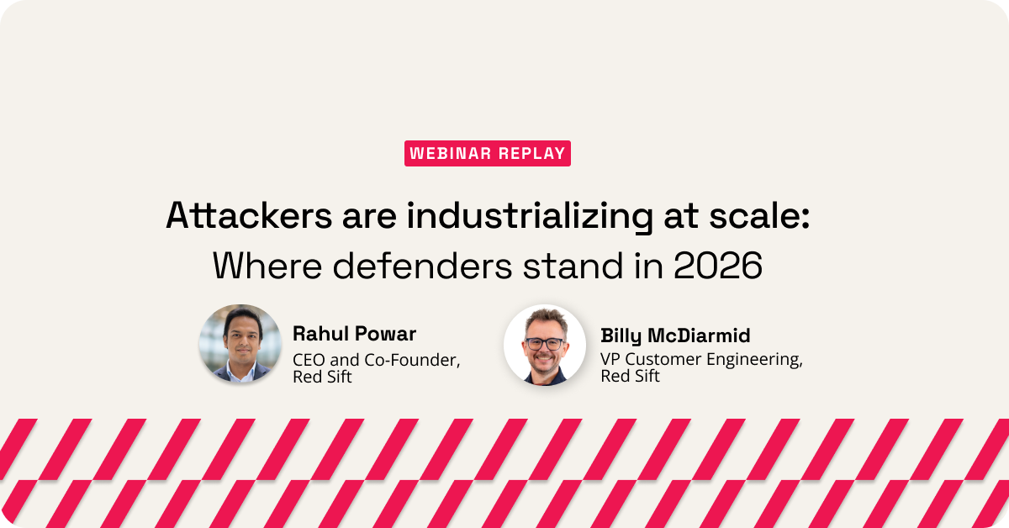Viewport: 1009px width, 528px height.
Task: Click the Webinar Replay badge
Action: tap(487, 153)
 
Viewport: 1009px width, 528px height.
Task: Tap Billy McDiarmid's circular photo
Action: tap(545, 345)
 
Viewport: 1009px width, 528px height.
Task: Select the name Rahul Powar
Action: tap(354, 334)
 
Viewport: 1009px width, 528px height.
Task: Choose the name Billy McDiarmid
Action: tap(675, 336)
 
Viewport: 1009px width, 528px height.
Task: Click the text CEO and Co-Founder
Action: tap(376, 360)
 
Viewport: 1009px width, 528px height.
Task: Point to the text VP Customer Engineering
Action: tap(700, 360)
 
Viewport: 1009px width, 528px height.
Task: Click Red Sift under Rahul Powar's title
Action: tap(322, 378)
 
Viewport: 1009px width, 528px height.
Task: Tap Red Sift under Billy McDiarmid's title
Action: tap(630, 377)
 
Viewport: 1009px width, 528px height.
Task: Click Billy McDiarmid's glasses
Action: tap(545, 343)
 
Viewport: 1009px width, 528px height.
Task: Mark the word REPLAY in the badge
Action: tap(533, 153)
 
